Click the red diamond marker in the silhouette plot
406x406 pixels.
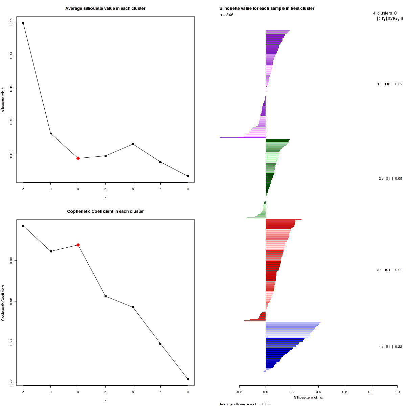point(78,158)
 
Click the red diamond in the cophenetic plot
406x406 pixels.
point(78,245)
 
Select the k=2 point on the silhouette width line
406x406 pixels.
point(23,23)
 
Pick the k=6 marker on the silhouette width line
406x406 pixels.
point(133,144)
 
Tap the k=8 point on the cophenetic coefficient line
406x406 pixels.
point(188,379)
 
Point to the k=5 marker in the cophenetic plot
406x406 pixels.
point(106,296)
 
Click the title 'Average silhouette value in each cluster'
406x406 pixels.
point(105,8)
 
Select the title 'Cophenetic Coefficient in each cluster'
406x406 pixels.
point(105,211)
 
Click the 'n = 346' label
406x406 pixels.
point(226,15)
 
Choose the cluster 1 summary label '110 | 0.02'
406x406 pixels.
point(390,84)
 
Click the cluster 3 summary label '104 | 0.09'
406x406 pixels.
point(390,270)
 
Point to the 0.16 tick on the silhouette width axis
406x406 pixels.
point(11,21)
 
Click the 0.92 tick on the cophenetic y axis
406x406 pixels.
point(11,383)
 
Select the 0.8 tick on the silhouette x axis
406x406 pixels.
point(371,392)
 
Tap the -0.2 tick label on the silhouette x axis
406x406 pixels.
point(239,392)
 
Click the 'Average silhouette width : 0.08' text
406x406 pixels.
point(244,404)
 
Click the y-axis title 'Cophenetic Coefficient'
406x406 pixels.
point(3,303)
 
